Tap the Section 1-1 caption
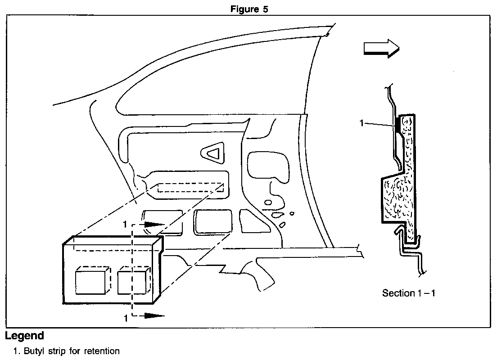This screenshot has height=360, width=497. pyautogui.click(x=409, y=293)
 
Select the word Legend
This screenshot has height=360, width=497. pyautogui.click(x=24, y=336)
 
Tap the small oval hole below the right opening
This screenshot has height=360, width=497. pyautogui.click(x=268, y=202)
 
